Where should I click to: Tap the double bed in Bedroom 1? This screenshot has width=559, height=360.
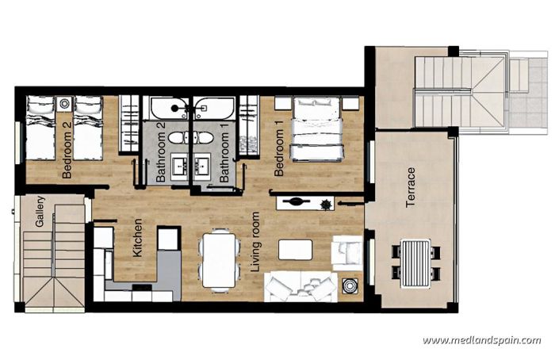point(316,128)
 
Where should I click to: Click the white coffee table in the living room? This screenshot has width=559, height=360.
point(295,250)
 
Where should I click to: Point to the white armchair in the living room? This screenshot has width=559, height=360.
point(347,252)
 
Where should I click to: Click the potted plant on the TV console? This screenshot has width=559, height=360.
point(325,205)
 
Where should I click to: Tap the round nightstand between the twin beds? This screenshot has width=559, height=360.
point(64,103)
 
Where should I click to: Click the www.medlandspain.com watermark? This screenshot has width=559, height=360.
point(481,341)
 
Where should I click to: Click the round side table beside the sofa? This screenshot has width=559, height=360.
point(349,286)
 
